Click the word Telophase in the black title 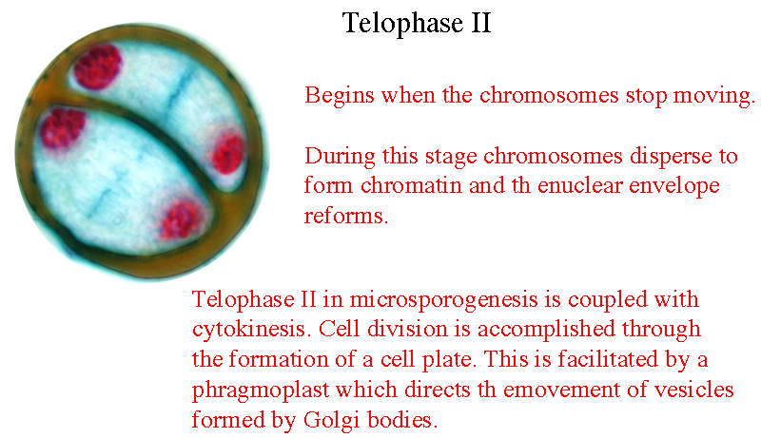point(402,23)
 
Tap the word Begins point(340,95)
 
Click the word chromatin point(411,185)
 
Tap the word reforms point(346,216)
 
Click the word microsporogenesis point(443,300)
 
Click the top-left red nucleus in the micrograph point(98,67)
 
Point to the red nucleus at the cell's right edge point(228,154)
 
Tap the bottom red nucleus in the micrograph point(181,221)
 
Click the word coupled point(608,300)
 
